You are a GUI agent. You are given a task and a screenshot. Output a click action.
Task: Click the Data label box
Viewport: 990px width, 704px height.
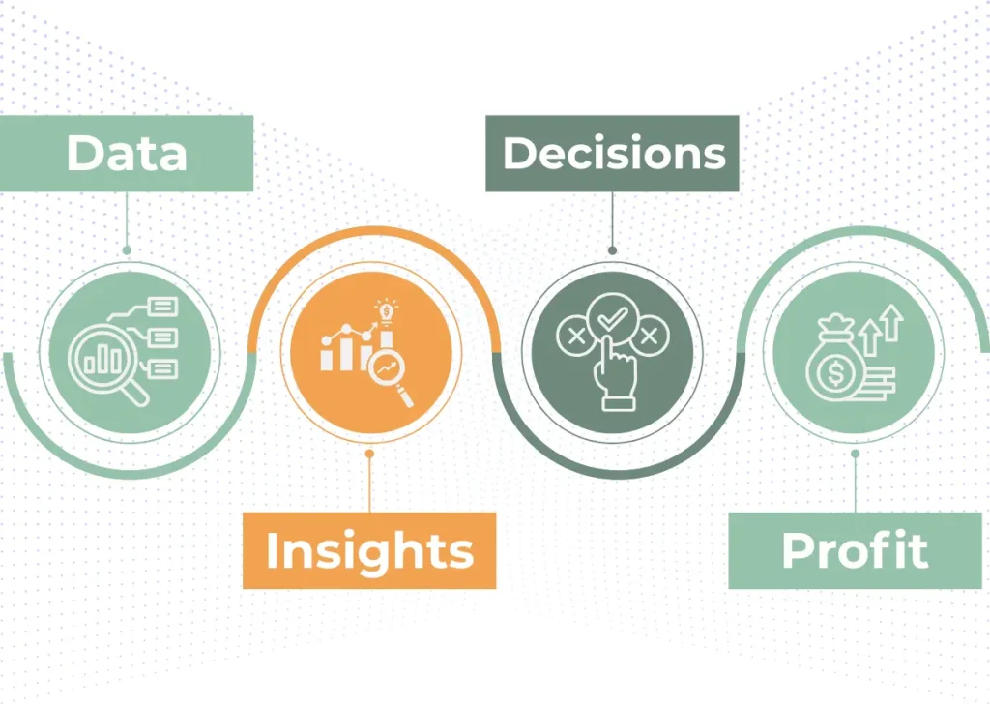pos(127,154)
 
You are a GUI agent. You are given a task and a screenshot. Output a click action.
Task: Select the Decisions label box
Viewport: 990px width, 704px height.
pos(612,154)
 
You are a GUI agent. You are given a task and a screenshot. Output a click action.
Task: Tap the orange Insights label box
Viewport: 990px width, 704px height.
pos(369,550)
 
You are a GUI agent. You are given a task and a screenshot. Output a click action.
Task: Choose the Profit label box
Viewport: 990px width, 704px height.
pos(855,550)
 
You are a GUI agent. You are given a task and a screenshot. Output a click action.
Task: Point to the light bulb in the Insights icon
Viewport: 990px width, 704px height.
pos(386,311)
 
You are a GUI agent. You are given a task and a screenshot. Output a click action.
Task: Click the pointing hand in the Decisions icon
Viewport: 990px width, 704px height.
pos(614,375)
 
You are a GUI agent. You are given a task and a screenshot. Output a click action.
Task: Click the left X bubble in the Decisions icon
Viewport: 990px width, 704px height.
pos(576,336)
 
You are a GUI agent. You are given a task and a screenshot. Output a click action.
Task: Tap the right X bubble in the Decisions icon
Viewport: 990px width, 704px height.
pos(649,336)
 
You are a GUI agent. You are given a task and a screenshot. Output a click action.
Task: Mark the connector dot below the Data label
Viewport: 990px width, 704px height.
pos(127,250)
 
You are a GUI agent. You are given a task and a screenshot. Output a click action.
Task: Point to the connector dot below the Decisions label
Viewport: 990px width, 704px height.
pos(612,250)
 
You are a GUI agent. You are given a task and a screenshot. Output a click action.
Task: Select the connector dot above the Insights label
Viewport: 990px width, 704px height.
pos(369,454)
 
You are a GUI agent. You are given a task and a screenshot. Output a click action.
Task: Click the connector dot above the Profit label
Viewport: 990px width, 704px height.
pos(855,454)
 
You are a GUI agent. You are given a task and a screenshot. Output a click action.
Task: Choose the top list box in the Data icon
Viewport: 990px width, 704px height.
pos(162,307)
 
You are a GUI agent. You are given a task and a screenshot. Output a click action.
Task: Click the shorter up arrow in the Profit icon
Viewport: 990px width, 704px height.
pos(870,337)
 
